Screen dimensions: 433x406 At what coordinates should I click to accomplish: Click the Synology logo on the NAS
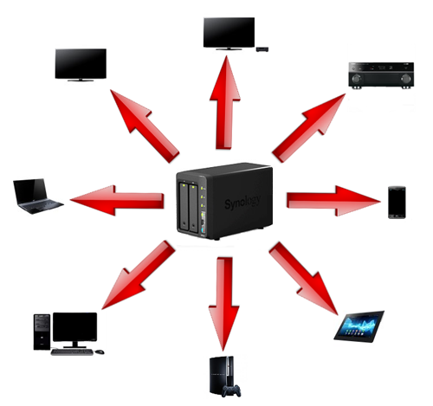[x=242, y=202]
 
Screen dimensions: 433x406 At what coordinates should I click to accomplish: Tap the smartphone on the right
[x=397, y=203]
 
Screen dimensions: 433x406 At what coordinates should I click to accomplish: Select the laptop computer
[x=37, y=196]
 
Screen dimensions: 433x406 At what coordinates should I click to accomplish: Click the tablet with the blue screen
[x=359, y=327]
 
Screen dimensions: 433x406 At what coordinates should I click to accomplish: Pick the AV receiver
[x=381, y=75]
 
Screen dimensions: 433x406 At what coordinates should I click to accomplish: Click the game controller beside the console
[x=231, y=390]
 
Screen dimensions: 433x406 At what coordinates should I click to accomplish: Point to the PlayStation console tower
[x=221, y=375]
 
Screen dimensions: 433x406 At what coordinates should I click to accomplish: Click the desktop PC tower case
[x=42, y=332]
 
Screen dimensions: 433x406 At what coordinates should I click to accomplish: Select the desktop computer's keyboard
[x=72, y=351]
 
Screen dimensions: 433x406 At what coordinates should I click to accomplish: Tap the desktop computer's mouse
[x=100, y=351]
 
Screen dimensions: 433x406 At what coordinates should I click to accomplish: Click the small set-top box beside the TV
[x=262, y=49]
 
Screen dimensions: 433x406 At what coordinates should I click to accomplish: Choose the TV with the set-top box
[x=229, y=34]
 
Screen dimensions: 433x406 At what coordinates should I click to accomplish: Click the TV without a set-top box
[x=81, y=65]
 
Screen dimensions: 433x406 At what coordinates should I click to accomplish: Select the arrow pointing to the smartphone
[x=333, y=201]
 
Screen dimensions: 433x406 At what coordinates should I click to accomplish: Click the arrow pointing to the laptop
[x=117, y=201]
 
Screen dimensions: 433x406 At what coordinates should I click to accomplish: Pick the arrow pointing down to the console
[x=224, y=304]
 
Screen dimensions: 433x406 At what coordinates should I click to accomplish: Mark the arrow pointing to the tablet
[x=303, y=279]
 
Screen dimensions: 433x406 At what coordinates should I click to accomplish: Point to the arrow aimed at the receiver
[x=309, y=128]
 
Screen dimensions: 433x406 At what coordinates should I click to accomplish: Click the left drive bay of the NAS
[x=184, y=206]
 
